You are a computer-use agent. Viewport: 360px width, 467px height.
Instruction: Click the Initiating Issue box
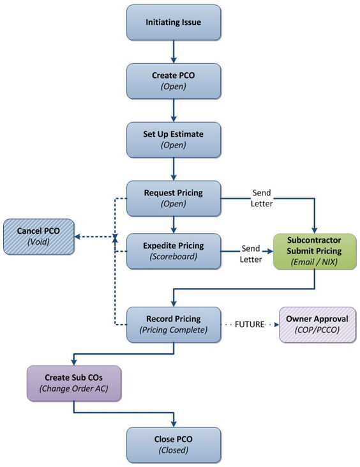click(x=174, y=22)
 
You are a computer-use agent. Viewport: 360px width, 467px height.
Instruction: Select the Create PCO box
click(x=174, y=81)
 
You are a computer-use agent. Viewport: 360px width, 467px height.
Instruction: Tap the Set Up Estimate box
click(x=174, y=140)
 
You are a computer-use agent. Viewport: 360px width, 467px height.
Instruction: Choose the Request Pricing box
click(x=174, y=198)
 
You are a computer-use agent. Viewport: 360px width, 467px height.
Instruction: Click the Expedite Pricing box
click(x=174, y=251)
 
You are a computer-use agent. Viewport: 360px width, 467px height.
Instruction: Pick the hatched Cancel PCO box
click(x=39, y=237)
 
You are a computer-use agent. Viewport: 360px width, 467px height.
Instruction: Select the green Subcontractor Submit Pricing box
click(x=315, y=252)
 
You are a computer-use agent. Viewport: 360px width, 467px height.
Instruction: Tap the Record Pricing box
click(x=174, y=325)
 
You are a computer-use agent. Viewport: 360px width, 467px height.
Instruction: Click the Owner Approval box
click(x=317, y=325)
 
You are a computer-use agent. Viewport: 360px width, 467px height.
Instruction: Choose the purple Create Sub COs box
click(x=74, y=383)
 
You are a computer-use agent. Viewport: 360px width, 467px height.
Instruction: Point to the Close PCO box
click(x=174, y=445)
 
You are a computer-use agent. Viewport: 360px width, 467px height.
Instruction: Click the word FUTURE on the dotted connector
click(x=250, y=325)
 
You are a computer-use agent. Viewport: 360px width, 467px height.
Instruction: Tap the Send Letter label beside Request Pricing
click(x=262, y=198)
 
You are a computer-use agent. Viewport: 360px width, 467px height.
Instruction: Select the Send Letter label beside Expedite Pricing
click(x=250, y=254)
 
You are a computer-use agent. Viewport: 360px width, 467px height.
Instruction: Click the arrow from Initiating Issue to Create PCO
click(x=174, y=52)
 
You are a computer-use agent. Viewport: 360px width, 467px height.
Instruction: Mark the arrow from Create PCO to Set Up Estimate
click(x=174, y=110)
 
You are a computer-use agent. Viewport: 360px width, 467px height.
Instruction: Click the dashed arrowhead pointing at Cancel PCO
click(x=77, y=237)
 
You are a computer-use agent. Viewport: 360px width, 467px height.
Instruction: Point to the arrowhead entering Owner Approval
click(x=276, y=325)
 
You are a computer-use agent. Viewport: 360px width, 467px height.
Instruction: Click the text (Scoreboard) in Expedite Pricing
click(x=174, y=257)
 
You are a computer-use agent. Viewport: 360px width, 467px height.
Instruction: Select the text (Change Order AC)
click(x=74, y=388)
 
